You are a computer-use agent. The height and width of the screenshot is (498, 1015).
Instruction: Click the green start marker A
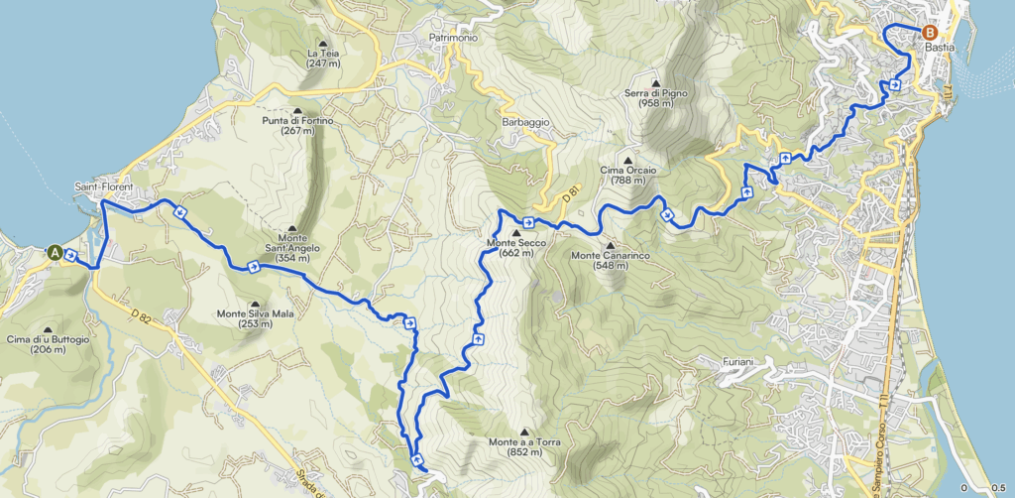[56, 253]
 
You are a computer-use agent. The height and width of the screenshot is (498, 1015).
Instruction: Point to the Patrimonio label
[454, 38]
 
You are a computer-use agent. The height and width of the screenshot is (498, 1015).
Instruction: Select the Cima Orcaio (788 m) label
[628, 175]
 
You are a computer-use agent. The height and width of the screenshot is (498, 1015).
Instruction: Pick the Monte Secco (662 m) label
[514, 247]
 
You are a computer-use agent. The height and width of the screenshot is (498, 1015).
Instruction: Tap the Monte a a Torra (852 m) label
[524, 446]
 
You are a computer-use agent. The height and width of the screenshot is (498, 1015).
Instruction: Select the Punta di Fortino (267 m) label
[296, 125]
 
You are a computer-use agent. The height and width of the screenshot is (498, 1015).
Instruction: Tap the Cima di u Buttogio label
[48, 343]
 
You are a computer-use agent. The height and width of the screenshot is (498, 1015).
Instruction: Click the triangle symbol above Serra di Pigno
[655, 82]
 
